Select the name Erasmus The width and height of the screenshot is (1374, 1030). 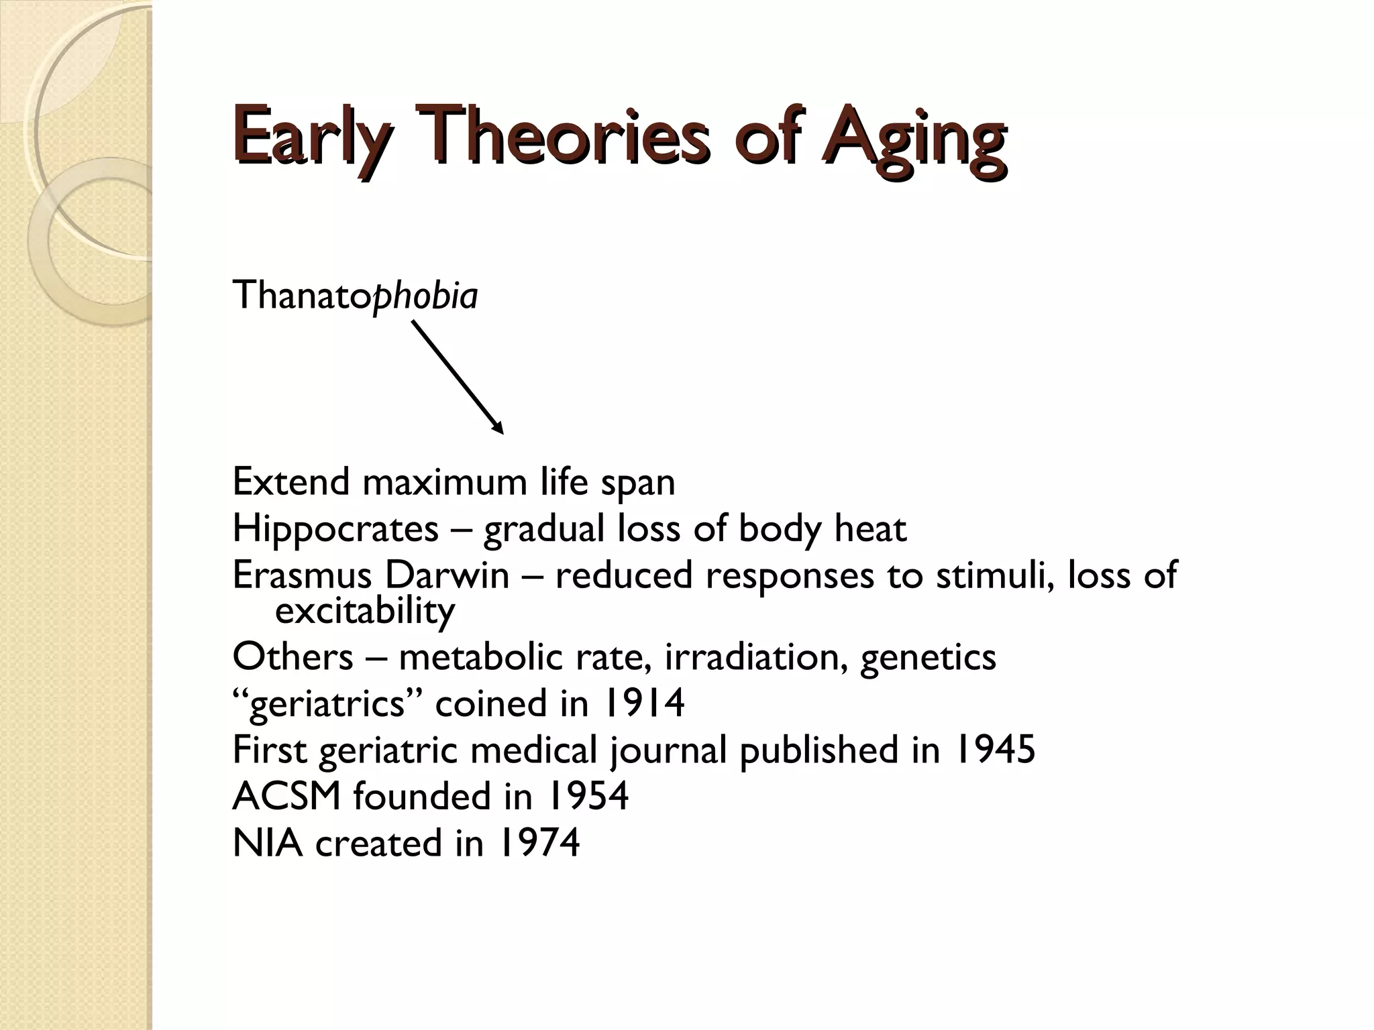coord(302,575)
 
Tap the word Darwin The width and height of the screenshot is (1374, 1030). coord(447,575)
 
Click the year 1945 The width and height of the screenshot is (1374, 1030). coord(994,750)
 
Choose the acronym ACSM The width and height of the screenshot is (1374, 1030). coord(286,797)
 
